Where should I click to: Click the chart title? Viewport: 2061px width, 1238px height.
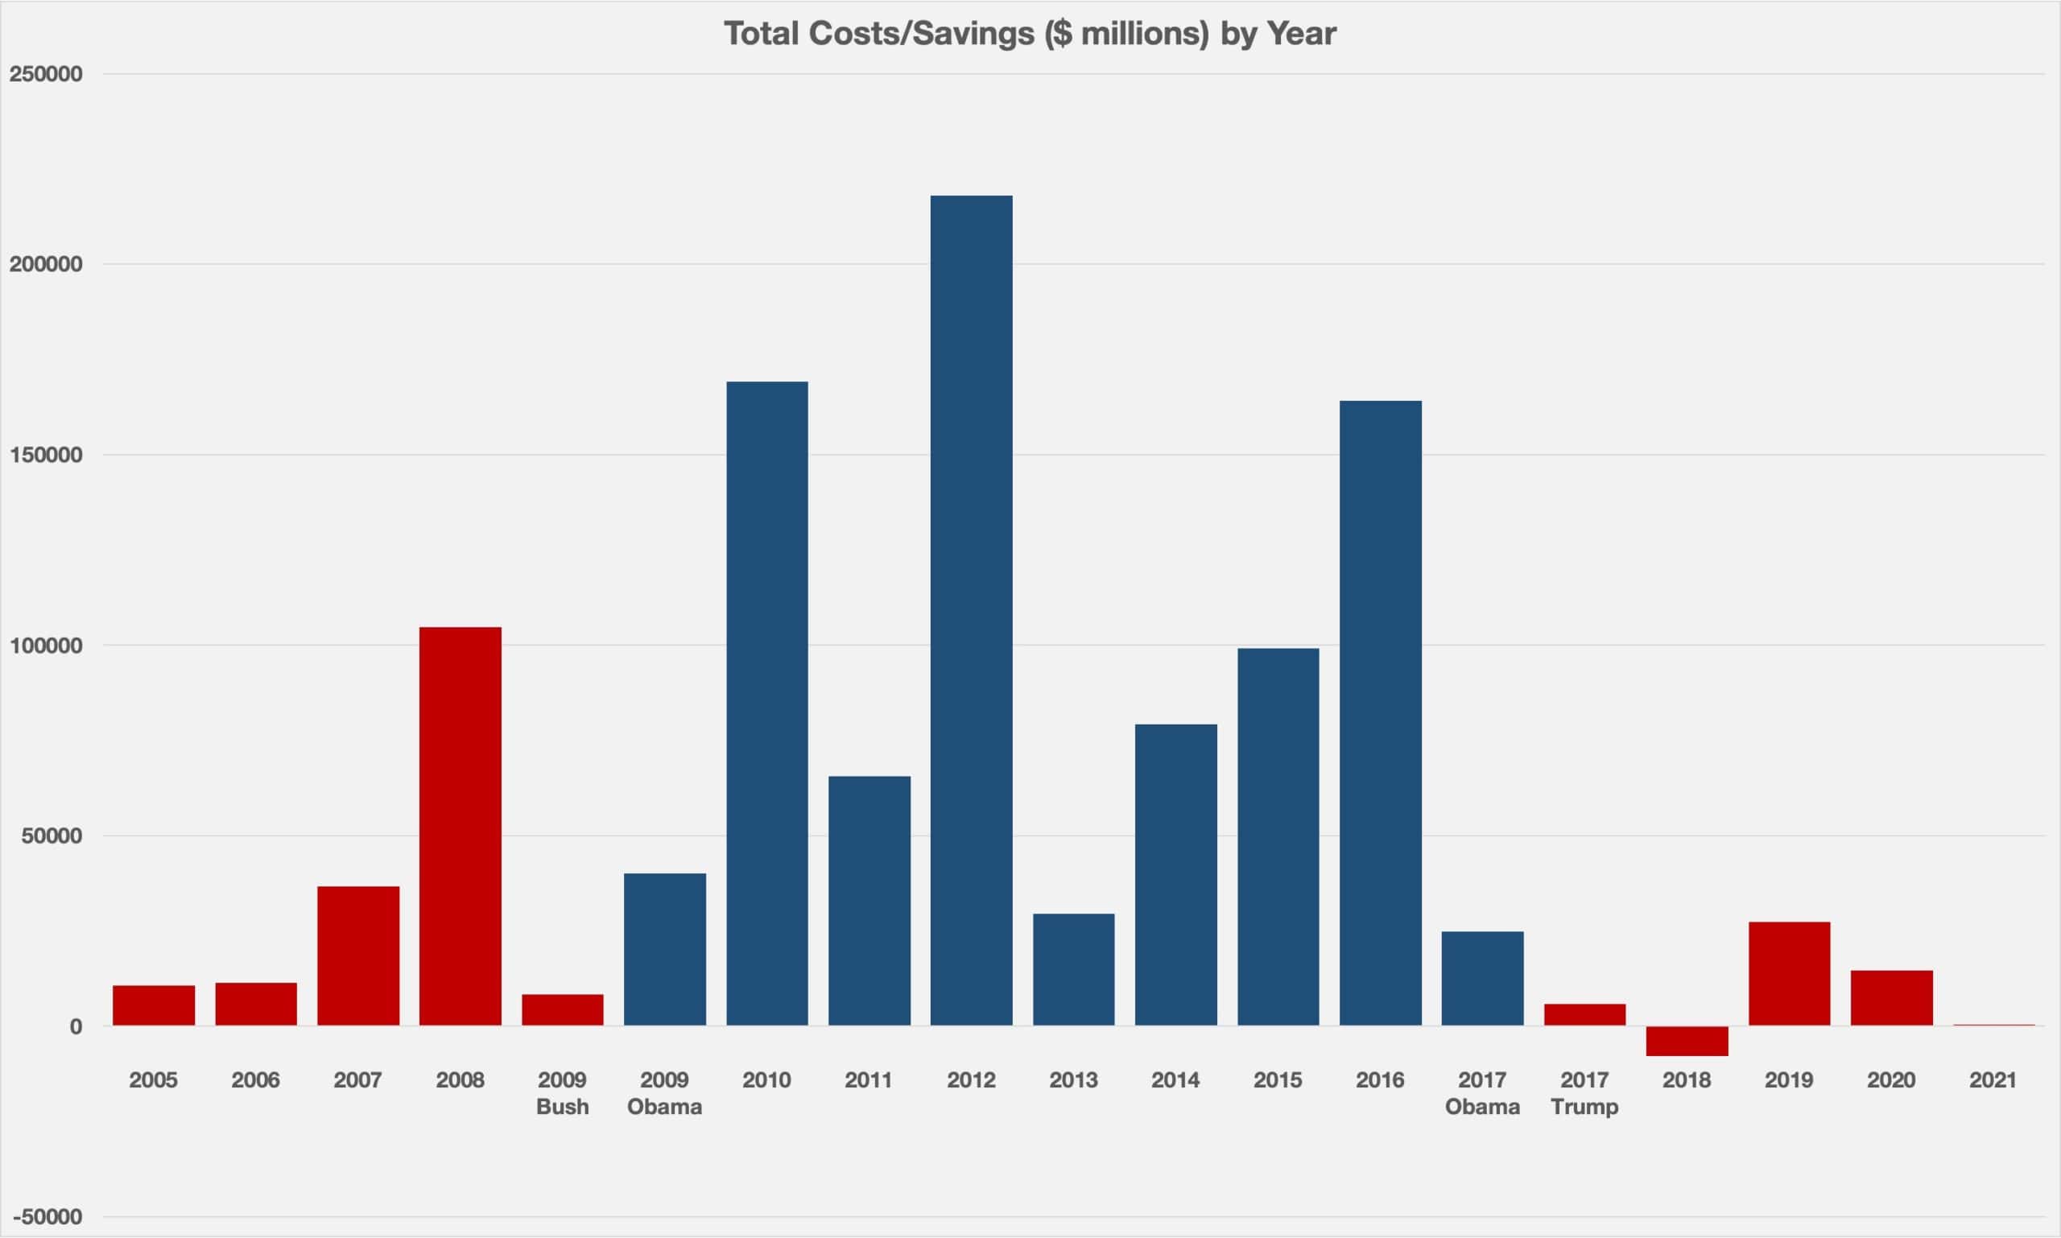click(1030, 34)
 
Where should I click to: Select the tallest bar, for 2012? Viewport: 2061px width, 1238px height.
click(971, 610)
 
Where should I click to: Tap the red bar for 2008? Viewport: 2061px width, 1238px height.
click(460, 826)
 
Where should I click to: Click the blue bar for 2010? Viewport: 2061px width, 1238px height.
click(766, 704)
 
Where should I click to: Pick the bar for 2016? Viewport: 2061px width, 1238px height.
click(1380, 713)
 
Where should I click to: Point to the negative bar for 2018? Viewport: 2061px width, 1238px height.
click(1687, 1040)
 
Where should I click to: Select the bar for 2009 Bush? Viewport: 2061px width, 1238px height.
click(563, 1009)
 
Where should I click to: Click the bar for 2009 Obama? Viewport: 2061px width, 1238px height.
click(664, 949)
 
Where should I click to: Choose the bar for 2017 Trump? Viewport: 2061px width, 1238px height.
click(1584, 1014)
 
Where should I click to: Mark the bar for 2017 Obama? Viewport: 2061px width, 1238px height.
click(1482, 978)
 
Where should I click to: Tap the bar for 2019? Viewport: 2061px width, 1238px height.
click(1789, 972)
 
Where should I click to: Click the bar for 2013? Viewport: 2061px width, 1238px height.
click(1073, 969)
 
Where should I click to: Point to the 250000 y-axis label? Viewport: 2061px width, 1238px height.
click(46, 74)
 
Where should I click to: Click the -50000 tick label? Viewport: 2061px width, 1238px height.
click(47, 1217)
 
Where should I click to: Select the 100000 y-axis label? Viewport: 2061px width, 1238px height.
click(46, 646)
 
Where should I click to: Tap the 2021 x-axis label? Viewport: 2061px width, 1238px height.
click(1993, 1080)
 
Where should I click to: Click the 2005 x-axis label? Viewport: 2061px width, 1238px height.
click(154, 1080)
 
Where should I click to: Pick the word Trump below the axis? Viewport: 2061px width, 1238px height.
click(1584, 1107)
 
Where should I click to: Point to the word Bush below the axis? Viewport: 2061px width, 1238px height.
click(563, 1107)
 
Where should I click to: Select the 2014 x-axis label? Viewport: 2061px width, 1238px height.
click(1175, 1080)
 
